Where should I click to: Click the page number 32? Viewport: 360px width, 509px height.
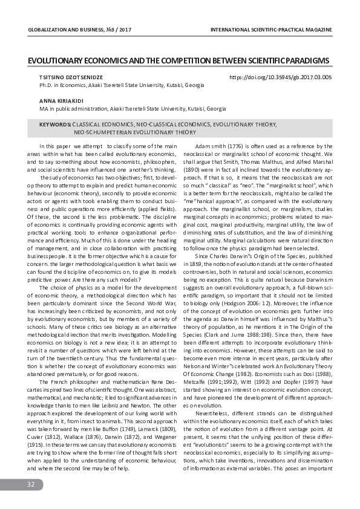(30, 485)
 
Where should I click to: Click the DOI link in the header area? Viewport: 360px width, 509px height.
(281, 78)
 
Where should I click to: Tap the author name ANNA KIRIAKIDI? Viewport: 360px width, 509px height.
(58, 100)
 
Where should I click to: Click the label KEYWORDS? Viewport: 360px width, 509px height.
(55, 124)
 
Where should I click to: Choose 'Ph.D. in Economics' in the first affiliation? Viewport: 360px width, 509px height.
(63, 86)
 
